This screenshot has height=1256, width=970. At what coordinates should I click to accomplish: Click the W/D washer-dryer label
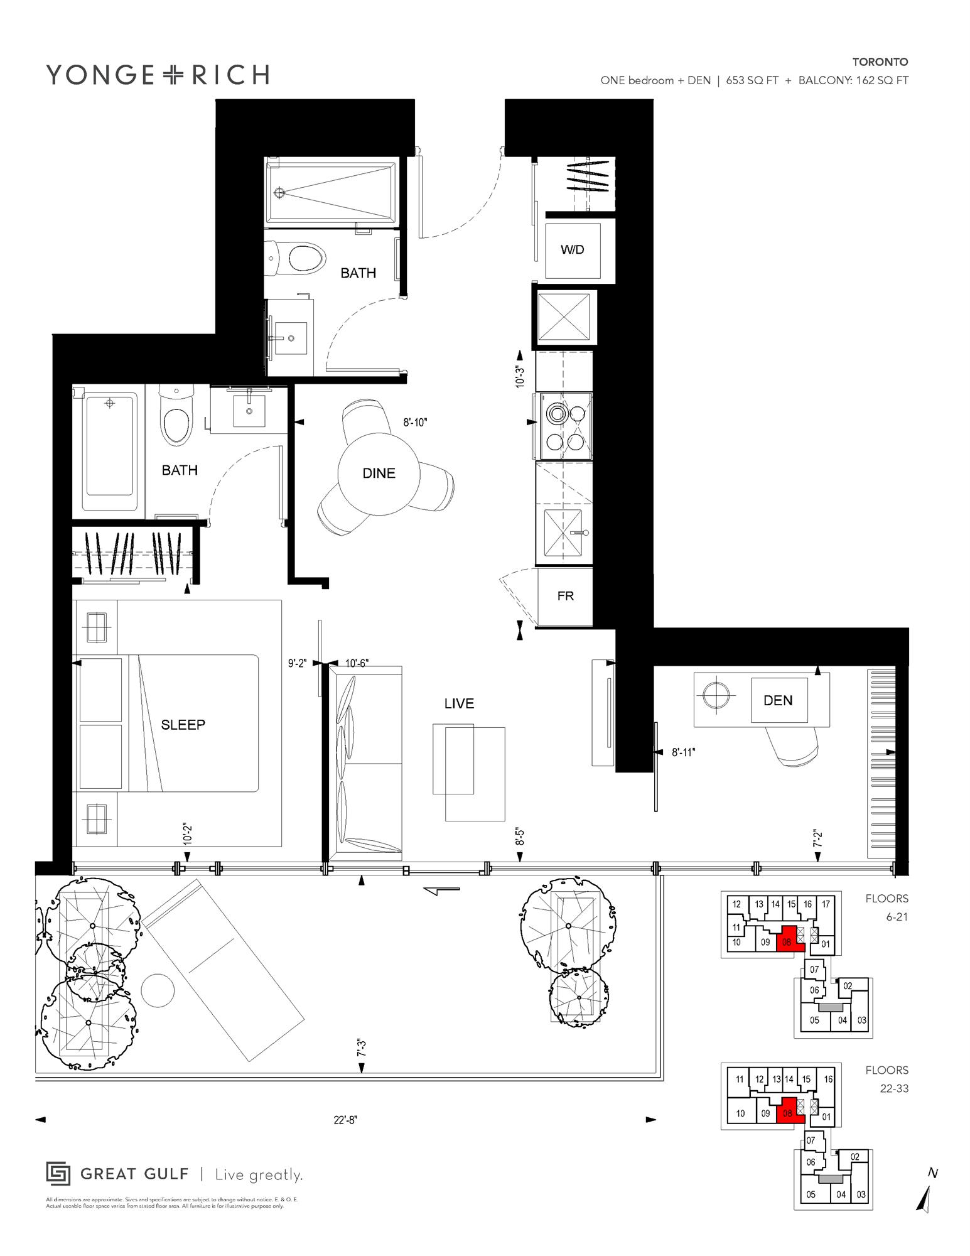(572, 250)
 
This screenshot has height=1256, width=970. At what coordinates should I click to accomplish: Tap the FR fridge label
(565, 596)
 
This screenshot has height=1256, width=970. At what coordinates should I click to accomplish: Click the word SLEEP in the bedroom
(183, 725)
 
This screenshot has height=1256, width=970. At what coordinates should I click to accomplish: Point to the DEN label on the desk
(778, 701)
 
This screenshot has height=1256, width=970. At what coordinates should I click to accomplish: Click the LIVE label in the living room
(459, 704)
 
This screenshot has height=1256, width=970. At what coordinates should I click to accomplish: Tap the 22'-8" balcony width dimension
(345, 1120)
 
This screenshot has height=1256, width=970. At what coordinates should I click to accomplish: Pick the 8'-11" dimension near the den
(684, 752)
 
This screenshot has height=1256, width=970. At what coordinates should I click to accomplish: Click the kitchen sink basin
(563, 533)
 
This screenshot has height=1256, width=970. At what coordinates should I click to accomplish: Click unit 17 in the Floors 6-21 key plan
(826, 904)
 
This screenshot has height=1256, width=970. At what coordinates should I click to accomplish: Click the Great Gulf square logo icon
(58, 1174)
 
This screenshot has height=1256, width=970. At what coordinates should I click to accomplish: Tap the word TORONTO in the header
(880, 62)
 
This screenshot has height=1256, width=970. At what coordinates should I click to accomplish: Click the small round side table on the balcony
(158, 991)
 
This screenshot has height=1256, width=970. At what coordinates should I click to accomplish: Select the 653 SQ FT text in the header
(752, 80)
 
